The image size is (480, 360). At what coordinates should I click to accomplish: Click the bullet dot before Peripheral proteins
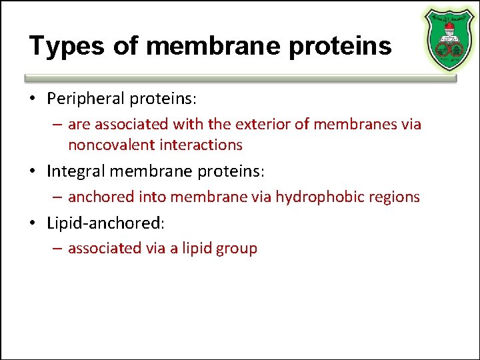tap(33, 99)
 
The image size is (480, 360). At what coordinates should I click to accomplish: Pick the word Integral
tap(75, 171)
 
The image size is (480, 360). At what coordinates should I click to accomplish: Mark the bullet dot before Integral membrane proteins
tap(33, 171)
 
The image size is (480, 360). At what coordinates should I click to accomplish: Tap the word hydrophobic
tap(315, 197)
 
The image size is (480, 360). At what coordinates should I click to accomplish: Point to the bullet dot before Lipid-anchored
tap(33, 223)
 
